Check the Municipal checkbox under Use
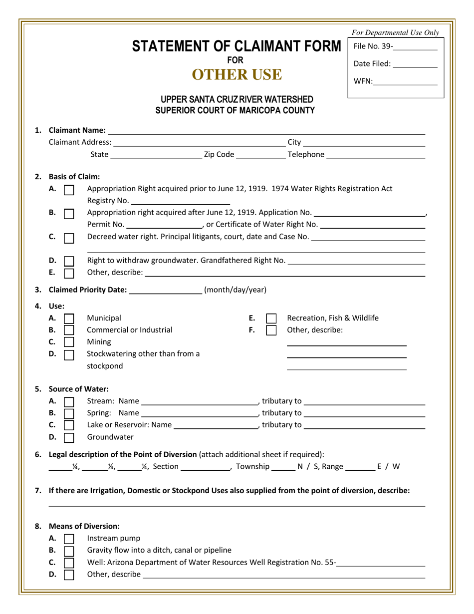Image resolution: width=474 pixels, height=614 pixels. pyautogui.click(x=69, y=318)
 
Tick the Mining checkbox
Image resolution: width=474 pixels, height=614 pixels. pyautogui.click(x=69, y=342)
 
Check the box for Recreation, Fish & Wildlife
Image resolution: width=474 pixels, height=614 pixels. pyautogui.click(x=271, y=318)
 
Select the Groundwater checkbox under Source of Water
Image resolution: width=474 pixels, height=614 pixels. pyautogui.click(x=69, y=438)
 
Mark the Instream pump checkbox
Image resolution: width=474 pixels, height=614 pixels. pyautogui.click(x=69, y=539)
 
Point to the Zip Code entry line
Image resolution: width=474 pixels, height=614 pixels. pyautogui.click(x=260, y=155)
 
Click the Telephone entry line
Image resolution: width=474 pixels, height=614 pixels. pyautogui.click(x=375, y=155)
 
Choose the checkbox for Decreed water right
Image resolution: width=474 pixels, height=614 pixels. pyautogui.click(x=69, y=238)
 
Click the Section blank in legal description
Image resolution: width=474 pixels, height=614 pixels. pyautogui.click(x=205, y=467)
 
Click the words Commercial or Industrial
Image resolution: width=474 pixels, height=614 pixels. pyautogui.click(x=130, y=330)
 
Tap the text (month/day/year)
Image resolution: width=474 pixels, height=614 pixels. pyautogui.click(x=235, y=290)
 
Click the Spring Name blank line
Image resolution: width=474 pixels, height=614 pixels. pyautogui.click(x=199, y=413)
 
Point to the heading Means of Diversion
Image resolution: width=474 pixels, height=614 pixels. pyautogui.click(x=84, y=526)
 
